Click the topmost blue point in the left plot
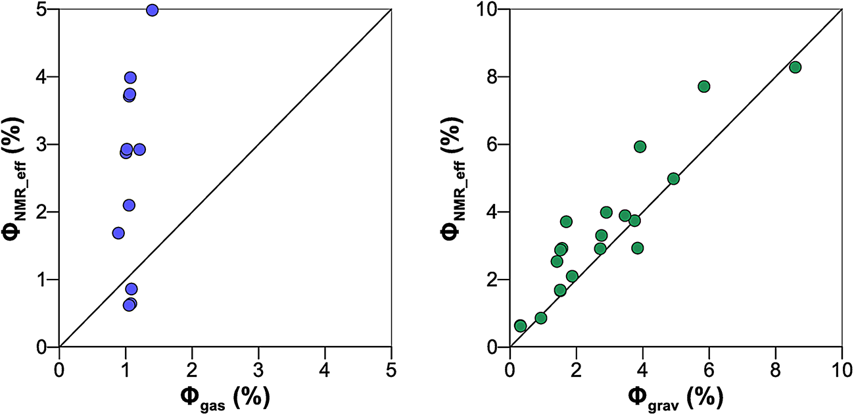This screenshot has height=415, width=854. click(153, 10)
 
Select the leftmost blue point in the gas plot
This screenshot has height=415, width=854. click(118, 233)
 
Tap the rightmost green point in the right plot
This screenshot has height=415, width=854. click(795, 67)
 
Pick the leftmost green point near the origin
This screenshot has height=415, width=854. click(520, 326)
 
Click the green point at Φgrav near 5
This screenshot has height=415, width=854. click(673, 179)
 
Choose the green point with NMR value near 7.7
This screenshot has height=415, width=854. click(703, 87)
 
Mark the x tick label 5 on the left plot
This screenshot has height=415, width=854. click(391, 365)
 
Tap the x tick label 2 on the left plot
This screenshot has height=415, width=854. click(192, 365)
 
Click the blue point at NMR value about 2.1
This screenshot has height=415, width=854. click(129, 205)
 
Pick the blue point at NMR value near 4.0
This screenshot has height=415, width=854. click(130, 78)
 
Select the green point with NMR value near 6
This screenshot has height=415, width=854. click(640, 147)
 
